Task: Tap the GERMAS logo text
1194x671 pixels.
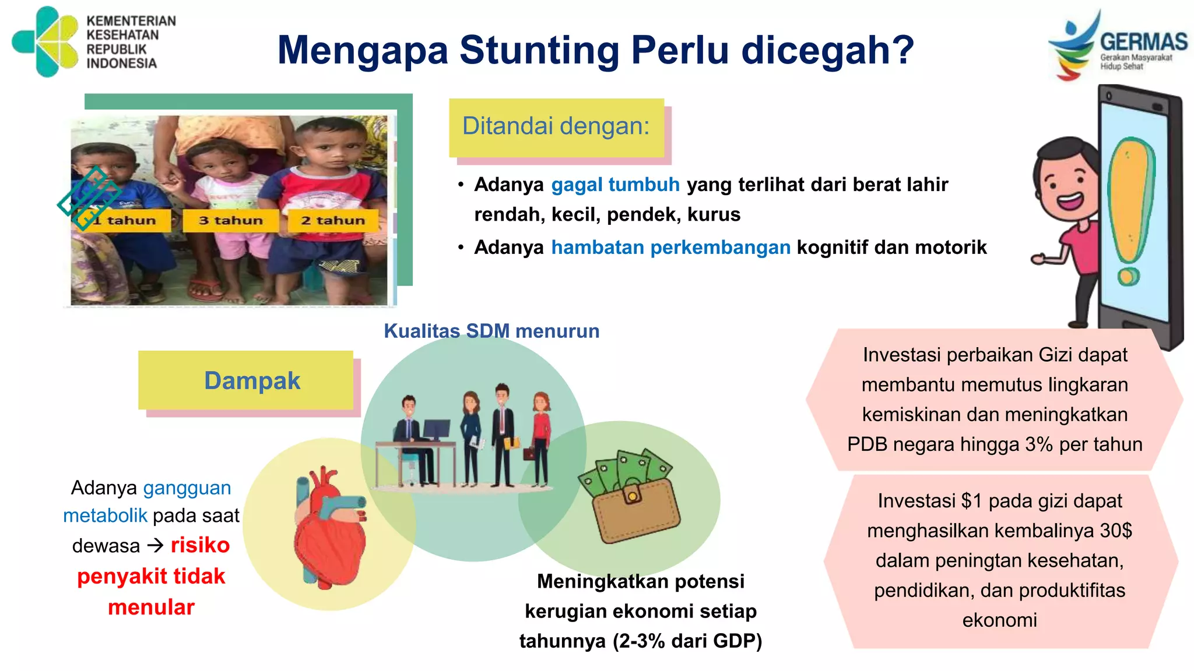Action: point(1143,42)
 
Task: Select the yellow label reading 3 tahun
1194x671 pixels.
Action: point(231,221)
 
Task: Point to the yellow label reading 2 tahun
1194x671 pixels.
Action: point(333,221)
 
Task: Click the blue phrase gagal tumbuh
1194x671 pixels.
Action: point(615,185)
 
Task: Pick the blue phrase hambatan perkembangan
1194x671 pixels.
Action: point(670,248)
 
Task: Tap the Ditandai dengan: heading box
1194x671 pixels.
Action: point(556,127)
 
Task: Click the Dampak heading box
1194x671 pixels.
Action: point(251,381)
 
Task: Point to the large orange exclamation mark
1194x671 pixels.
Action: point(1130,210)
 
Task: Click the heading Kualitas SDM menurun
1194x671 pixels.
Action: point(491,331)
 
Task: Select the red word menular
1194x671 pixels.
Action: point(151,608)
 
